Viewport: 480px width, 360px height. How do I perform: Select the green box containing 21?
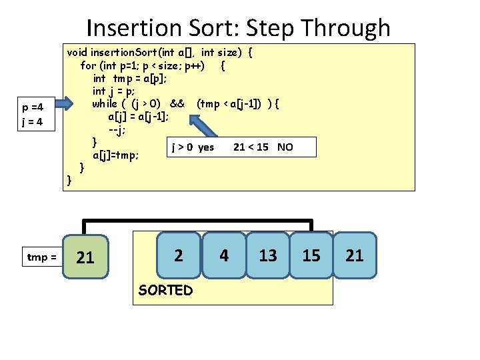point(85,257)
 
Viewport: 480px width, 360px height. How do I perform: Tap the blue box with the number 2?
point(178,254)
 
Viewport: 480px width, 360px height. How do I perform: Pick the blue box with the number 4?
point(224,255)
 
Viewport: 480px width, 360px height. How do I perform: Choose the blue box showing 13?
point(268,255)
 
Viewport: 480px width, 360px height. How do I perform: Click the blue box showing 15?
point(311,255)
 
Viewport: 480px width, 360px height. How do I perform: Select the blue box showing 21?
point(355,255)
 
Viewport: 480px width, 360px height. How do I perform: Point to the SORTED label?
point(165,290)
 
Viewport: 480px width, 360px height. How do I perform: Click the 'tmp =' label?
point(41,257)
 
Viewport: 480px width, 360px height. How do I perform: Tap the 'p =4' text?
point(33,107)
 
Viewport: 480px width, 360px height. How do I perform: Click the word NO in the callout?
point(285,147)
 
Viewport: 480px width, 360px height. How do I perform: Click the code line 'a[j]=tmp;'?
point(115,155)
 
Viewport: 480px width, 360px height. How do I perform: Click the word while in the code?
point(105,103)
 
